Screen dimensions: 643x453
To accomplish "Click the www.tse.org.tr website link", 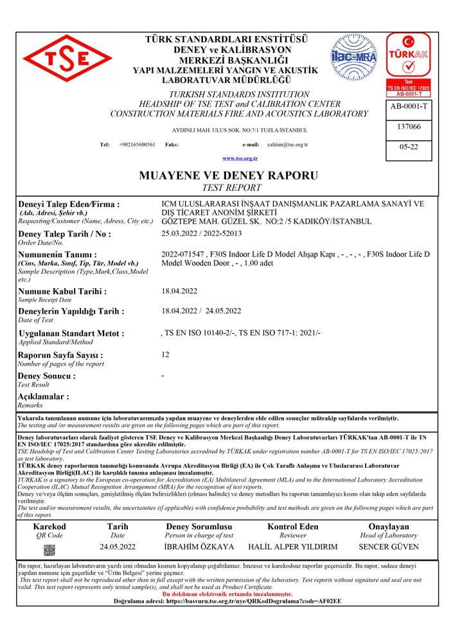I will click(240, 158).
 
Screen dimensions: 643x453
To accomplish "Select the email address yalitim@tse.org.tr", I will click(287, 145).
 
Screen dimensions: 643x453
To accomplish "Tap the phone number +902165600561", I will click(137, 145).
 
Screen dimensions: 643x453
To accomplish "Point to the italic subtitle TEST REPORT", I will click(231, 188).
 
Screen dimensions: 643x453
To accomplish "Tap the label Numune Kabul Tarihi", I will click(62, 291).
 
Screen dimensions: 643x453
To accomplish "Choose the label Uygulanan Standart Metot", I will click(71, 334).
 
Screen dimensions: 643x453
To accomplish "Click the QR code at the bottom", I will click(49, 550).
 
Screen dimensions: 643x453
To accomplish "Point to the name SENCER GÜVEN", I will click(388, 547).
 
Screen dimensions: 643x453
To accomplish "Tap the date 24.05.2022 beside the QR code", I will click(118, 547).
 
